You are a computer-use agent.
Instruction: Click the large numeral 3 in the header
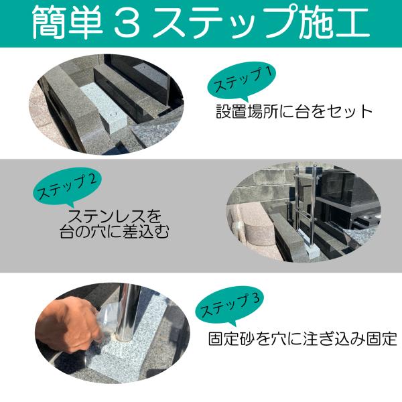click(127, 23)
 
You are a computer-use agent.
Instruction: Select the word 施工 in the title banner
click(334, 23)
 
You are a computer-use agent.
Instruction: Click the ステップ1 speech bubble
click(241, 81)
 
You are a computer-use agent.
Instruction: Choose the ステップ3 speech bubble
click(229, 306)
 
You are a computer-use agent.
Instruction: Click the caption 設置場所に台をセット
click(294, 112)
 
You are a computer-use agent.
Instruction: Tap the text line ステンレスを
click(115, 216)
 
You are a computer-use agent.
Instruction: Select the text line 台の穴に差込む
click(115, 232)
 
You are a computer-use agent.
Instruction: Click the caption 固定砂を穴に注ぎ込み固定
click(303, 339)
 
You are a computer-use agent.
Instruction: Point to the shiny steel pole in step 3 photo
click(127, 312)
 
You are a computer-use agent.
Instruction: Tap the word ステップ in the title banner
click(226, 23)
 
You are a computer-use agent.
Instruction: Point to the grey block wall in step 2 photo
click(264, 185)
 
